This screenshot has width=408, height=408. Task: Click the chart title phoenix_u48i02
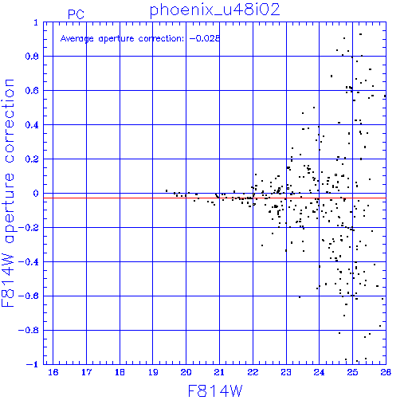click(214, 10)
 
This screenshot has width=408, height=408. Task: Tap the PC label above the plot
click(76, 14)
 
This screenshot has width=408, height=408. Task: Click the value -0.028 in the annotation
click(205, 38)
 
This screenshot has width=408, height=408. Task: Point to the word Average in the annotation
click(77, 39)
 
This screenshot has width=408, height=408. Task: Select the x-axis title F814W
click(215, 391)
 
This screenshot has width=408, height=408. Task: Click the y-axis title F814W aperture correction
click(8, 193)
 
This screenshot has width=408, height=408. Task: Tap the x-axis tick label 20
click(186, 372)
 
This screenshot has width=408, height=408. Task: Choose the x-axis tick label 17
click(86, 372)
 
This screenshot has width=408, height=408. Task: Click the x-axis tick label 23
click(286, 372)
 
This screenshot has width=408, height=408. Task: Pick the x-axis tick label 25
click(352, 372)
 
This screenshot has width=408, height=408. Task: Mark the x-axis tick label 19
click(153, 372)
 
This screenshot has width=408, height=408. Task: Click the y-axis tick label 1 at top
click(36, 22)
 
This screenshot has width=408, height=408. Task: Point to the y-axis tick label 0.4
click(32, 125)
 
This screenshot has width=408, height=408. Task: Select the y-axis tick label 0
click(36, 194)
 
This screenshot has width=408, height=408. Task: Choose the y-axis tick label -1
click(33, 364)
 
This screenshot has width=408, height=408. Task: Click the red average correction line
click(214, 198)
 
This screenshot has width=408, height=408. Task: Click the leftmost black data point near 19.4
click(167, 190)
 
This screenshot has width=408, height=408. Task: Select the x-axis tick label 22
click(253, 372)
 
